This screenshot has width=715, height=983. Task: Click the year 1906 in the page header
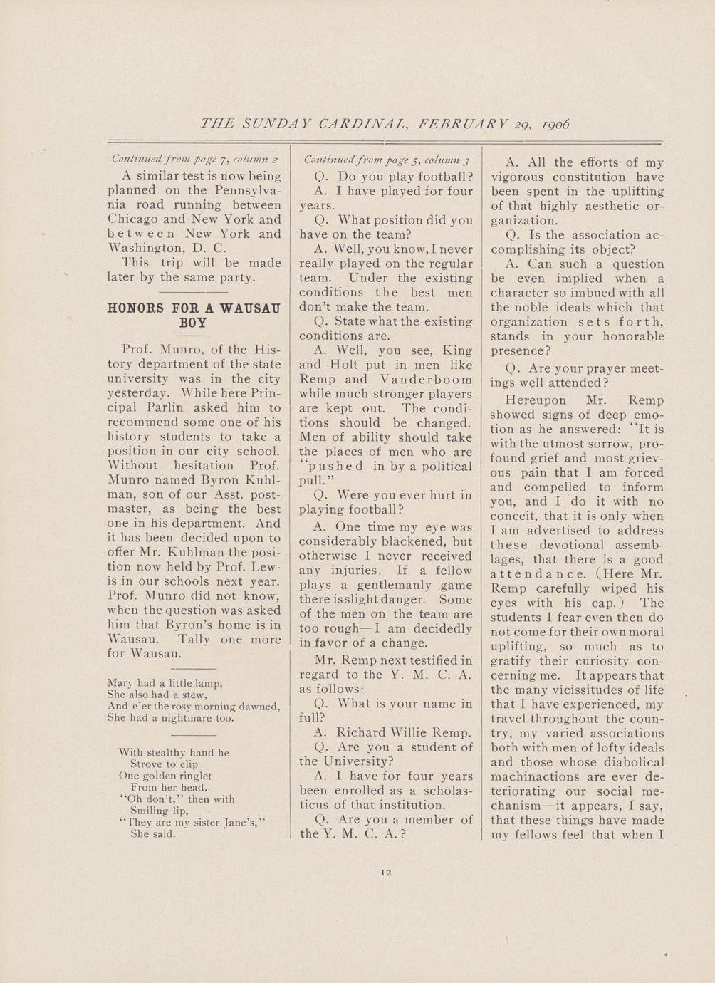(555, 123)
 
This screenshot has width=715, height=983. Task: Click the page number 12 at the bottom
(386, 872)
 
